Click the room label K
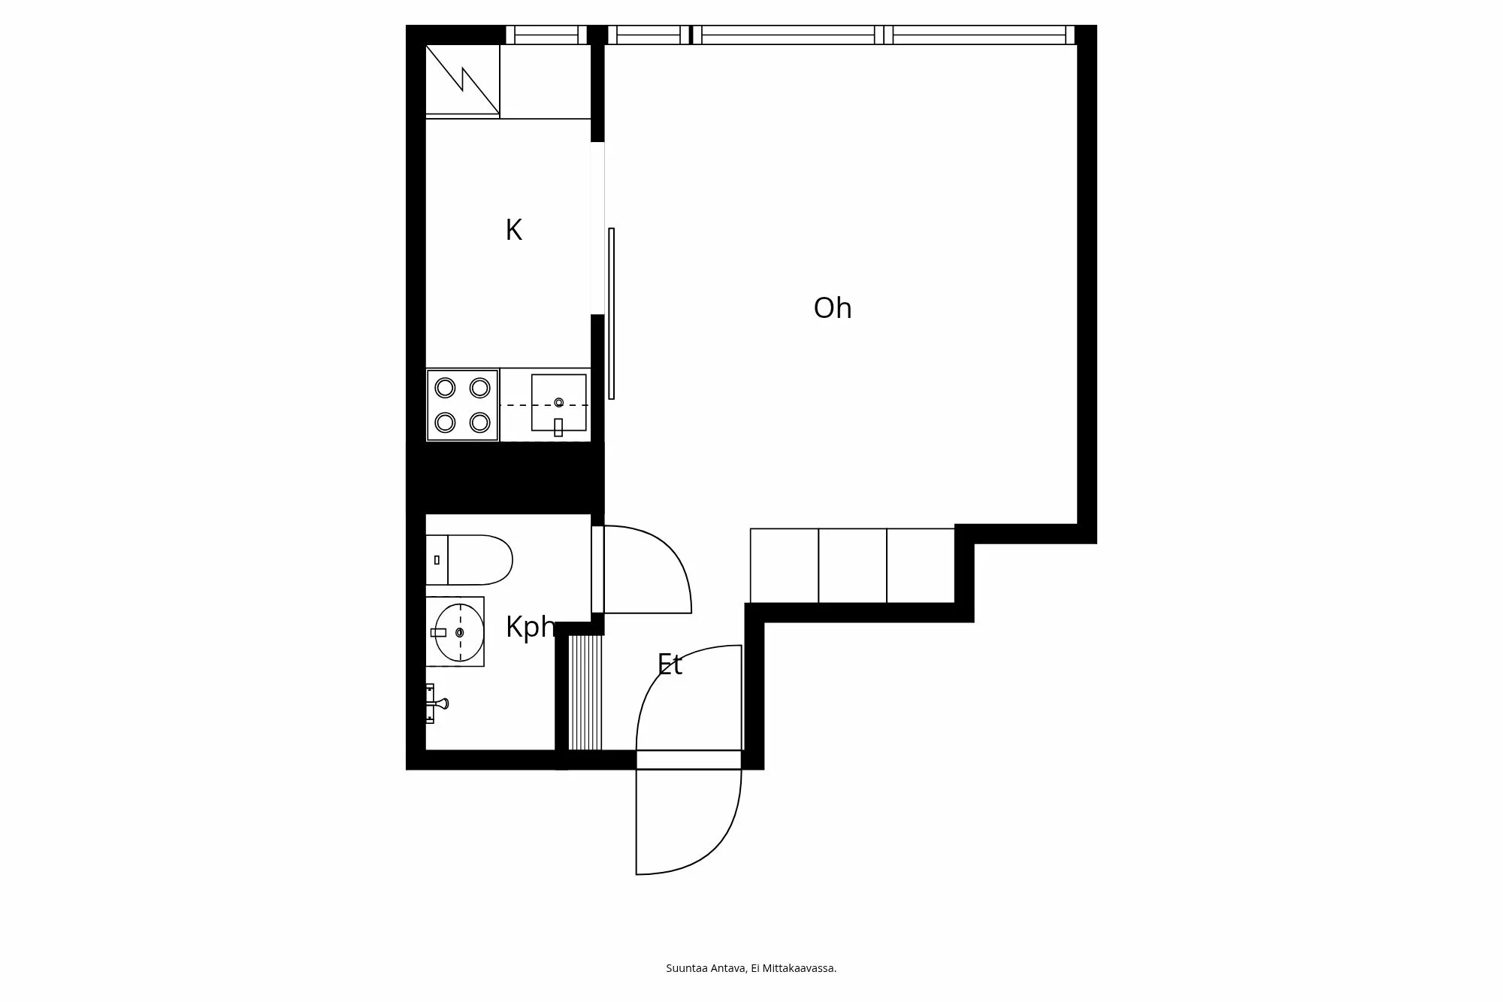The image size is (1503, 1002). click(x=513, y=230)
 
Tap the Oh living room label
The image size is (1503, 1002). click(x=833, y=308)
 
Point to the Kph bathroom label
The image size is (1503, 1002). click(x=531, y=627)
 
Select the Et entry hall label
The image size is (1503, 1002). click(x=670, y=664)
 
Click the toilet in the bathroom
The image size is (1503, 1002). click(x=470, y=560)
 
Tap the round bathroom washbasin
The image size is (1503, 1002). click(x=459, y=632)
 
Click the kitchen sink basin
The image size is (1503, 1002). click(x=558, y=403)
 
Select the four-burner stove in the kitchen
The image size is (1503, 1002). click(x=462, y=404)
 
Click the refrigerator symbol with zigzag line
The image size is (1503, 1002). click(x=463, y=81)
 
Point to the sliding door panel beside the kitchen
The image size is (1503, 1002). click(x=611, y=313)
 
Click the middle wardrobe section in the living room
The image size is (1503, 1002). click(x=852, y=565)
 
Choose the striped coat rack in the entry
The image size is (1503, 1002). click(x=585, y=692)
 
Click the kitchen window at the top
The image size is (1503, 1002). click(x=546, y=35)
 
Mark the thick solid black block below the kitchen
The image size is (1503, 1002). click(x=505, y=478)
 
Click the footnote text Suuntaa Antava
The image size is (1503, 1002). click(x=706, y=968)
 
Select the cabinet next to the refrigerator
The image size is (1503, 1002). click(x=546, y=81)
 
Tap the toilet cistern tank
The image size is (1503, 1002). click(x=437, y=560)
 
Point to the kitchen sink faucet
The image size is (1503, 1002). click(x=558, y=427)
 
